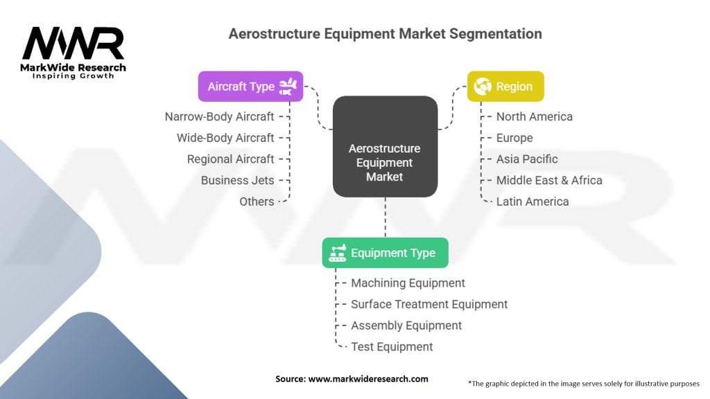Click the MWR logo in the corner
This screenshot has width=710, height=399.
click(x=73, y=53)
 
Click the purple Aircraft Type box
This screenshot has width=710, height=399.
click(x=250, y=87)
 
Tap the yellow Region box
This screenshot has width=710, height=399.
click(x=505, y=87)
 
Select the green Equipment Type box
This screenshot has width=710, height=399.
click(x=386, y=253)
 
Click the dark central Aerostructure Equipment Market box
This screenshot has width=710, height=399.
click(x=386, y=147)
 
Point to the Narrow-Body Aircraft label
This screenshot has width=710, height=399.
click(x=220, y=116)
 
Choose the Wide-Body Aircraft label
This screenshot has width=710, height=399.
click(x=225, y=138)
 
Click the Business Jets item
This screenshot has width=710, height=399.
click(x=238, y=181)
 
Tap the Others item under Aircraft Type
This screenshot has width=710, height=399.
click(x=257, y=202)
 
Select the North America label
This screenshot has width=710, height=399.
click(x=535, y=116)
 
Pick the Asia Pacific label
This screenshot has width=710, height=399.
click(x=527, y=159)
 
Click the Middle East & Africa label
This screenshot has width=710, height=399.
click(x=549, y=181)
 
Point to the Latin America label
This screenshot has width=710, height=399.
click(x=532, y=202)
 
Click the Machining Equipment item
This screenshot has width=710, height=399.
click(x=408, y=283)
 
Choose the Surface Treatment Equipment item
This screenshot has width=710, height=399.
click(x=429, y=305)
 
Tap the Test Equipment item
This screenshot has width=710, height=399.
click(x=392, y=347)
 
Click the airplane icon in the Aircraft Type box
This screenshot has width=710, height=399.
click(x=288, y=87)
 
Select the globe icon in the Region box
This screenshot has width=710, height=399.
click(x=483, y=87)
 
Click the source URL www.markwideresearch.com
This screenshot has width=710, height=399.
click(x=368, y=379)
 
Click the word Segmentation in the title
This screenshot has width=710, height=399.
click(x=495, y=34)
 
